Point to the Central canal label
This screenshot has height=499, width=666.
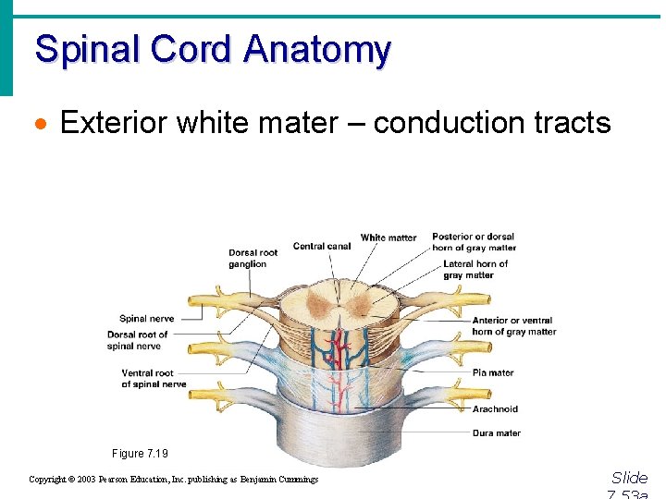[x=321, y=246]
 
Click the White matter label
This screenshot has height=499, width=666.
[x=388, y=237]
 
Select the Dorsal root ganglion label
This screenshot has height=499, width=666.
[x=253, y=259]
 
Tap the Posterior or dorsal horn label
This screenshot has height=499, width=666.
[x=474, y=242]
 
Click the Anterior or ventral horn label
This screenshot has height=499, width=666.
[x=513, y=326]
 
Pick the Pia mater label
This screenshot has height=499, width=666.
[x=493, y=372]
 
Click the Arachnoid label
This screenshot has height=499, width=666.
[x=495, y=409]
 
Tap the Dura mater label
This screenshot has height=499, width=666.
[x=496, y=432]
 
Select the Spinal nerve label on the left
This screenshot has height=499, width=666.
[x=146, y=319]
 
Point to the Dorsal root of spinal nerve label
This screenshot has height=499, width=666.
[x=138, y=340]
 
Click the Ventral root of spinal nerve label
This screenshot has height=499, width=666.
[x=154, y=379]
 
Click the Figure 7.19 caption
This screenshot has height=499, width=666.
[x=141, y=454]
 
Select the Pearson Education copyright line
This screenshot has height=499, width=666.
[x=173, y=480]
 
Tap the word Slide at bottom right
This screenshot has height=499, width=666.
[x=629, y=478]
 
